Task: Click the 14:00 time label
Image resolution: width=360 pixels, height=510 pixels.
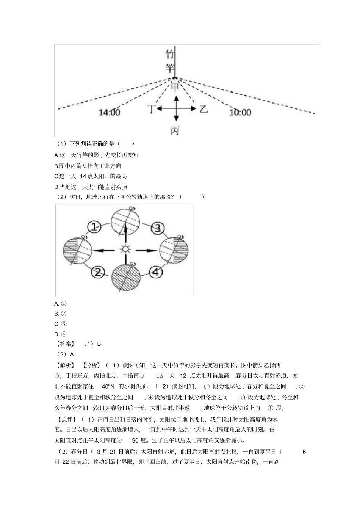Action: click(109, 112)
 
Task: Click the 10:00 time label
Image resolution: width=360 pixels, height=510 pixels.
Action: click(240, 112)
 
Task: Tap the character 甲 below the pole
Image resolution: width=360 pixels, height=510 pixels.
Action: click(175, 87)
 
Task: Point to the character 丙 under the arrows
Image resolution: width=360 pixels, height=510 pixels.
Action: click(175, 131)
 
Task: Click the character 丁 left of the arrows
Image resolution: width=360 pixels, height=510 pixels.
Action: click(152, 109)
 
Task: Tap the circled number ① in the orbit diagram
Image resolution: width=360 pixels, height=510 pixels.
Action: click(94, 227)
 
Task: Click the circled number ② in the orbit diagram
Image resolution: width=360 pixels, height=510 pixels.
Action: click(98, 271)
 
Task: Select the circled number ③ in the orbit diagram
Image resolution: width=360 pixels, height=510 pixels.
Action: click(158, 228)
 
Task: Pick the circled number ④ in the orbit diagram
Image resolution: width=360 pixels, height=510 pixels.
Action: click(156, 271)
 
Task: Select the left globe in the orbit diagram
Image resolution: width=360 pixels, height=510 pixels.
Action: click(77, 250)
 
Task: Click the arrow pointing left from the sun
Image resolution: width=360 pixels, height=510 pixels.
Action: click(103, 250)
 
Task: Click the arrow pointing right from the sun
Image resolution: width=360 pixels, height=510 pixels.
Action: click(147, 250)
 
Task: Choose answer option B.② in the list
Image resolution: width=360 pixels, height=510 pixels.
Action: click(61, 314)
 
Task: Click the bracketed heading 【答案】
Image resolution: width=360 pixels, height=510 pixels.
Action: click(65, 344)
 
